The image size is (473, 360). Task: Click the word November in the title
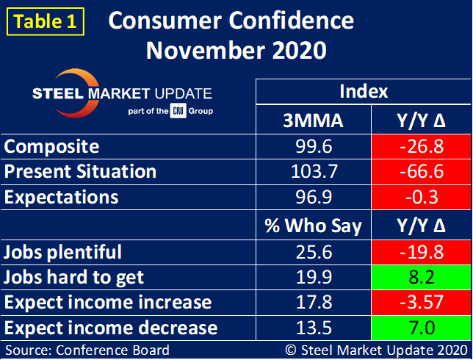point(199,51)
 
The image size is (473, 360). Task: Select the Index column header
point(364,92)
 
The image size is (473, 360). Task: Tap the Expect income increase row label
point(108,302)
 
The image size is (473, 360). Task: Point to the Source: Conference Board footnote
point(87,350)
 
